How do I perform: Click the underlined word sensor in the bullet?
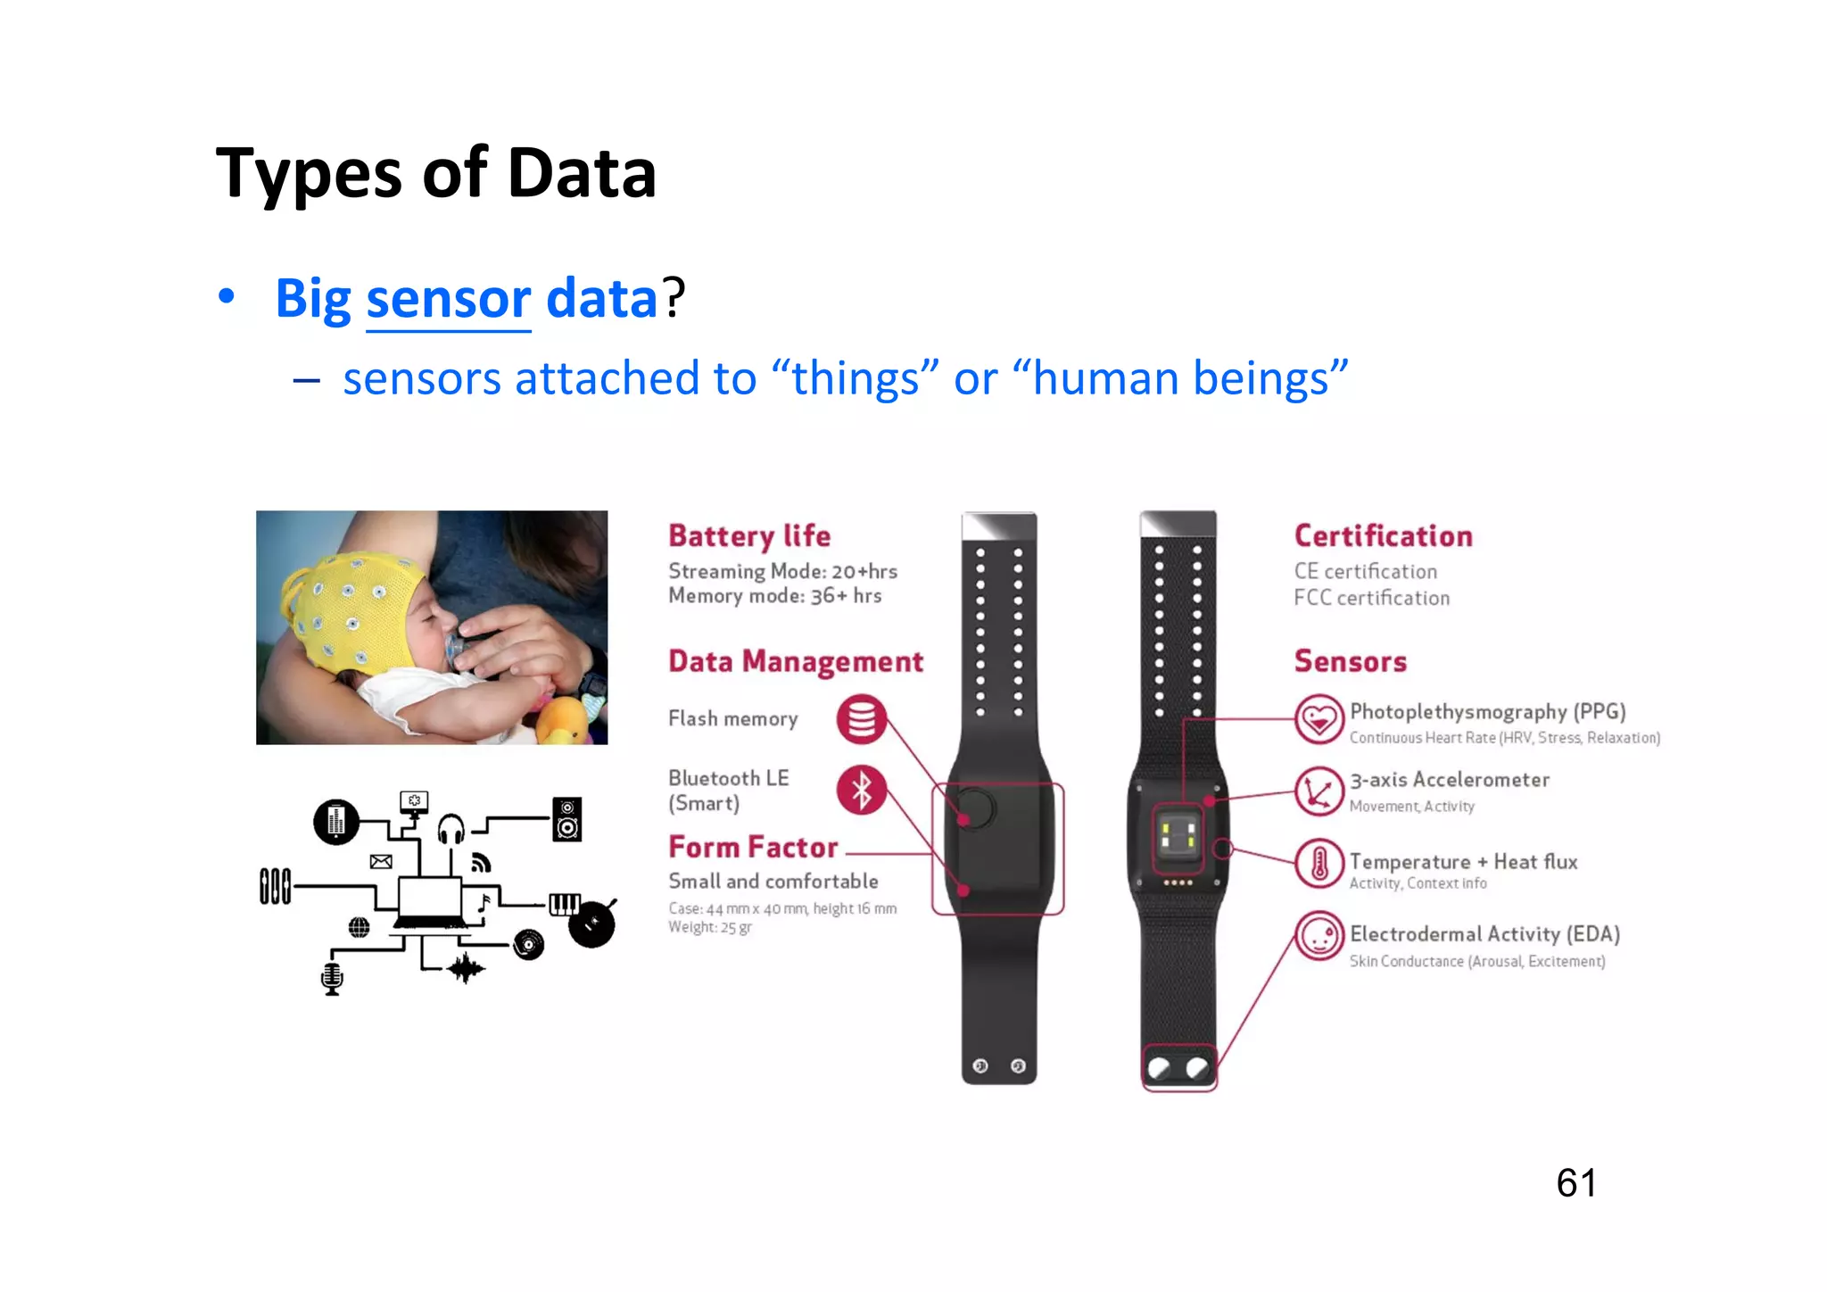click(449, 299)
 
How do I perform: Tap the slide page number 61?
click(1575, 1183)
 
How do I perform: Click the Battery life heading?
click(749, 535)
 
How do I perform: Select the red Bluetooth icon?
click(861, 790)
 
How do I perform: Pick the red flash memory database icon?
click(861, 719)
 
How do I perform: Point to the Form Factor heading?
click(754, 847)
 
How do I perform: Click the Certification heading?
click(1383, 535)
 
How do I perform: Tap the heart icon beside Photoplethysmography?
click(1319, 719)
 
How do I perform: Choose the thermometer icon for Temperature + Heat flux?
click(1319, 864)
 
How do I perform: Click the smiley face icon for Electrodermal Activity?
click(1319, 936)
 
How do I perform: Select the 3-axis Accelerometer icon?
click(1319, 791)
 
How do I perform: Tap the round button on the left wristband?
click(974, 808)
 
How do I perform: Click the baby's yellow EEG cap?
click(348, 607)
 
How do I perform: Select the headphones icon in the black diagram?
click(451, 829)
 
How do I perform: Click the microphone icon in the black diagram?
click(332, 978)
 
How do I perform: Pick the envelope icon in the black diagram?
click(381, 861)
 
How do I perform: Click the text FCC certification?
click(1371, 598)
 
